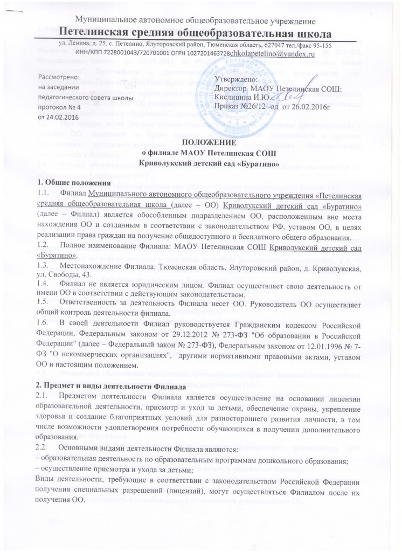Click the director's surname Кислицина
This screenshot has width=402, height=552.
(233, 97)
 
